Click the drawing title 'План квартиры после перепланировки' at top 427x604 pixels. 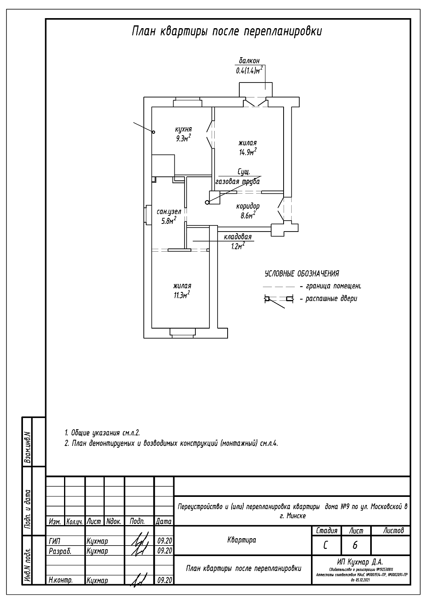[x=227, y=32]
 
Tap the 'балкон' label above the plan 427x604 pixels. [x=249, y=61]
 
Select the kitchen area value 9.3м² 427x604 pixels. [x=182, y=139]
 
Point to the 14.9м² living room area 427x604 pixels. [x=248, y=152]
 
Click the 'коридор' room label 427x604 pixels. [x=248, y=206]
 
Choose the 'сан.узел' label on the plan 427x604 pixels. [x=169, y=211]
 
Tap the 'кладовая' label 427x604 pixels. [x=238, y=237]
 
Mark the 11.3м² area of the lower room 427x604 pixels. [x=182, y=295]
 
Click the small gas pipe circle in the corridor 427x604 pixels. [x=207, y=202]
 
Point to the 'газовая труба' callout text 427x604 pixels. [x=238, y=182]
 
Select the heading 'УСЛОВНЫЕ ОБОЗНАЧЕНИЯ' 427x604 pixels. [x=301, y=274]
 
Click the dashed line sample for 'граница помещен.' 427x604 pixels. [x=279, y=287]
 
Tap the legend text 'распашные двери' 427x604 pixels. [x=331, y=299]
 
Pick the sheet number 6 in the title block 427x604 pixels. [x=354, y=545]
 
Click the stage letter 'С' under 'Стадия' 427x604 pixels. [x=325, y=545]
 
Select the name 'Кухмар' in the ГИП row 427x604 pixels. [x=97, y=541]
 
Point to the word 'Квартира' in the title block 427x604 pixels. [x=242, y=540]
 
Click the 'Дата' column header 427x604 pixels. [x=164, y=521]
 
